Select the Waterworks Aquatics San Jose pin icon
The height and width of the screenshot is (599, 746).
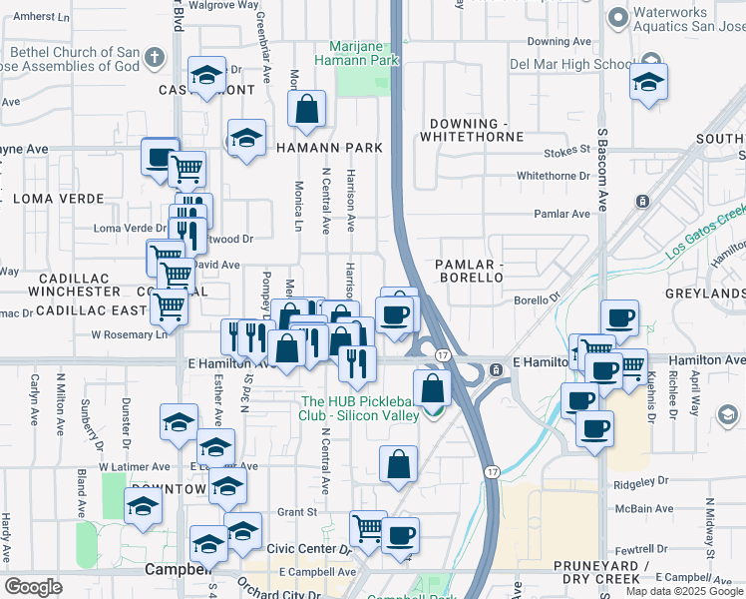[x=619, y=16]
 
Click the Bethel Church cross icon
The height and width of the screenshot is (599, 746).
[x=154, y=57]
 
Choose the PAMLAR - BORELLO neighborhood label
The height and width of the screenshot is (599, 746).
[x=469, y=270]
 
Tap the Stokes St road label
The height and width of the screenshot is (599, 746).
[x=567, y=151]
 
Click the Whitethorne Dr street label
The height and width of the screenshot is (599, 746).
[x=554, y=176]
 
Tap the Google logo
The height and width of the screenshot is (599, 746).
[x=34, y=587]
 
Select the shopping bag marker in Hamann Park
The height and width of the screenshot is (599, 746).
[x=307, y=111]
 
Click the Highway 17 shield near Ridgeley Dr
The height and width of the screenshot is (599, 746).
[x=492, y=470]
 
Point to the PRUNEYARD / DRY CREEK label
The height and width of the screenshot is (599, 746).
[x=598, y=572]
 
